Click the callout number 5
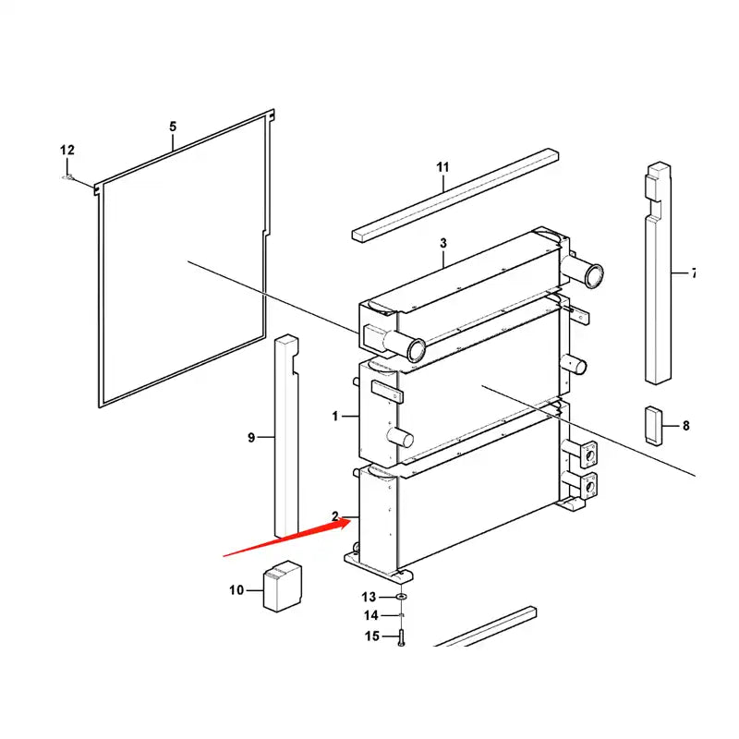click(172, 126)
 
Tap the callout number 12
click(67, 151)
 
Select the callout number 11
click(442, 167)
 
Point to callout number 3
click(442, 243)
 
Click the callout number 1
click(335, 417)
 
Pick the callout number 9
click(251, 437)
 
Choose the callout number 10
click(236, 589)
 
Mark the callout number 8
click(685, 426)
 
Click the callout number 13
click(369, 597)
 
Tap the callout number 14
click(369, 615)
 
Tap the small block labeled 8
click(654, 425)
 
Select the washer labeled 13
click(402, 598)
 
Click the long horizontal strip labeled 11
click(455, 194)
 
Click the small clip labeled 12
click(68, 176)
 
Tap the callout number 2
click(335, 516)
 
